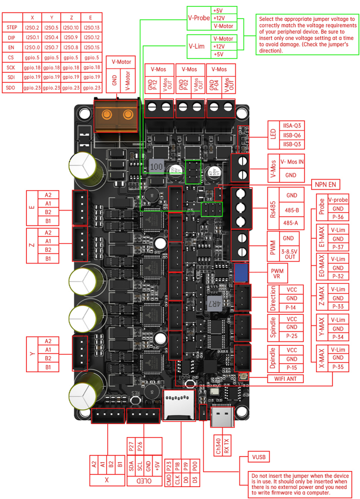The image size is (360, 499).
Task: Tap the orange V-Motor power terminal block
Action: [115, 114]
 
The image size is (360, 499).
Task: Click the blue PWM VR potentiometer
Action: [241, 272]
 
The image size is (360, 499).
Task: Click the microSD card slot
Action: [179, 405]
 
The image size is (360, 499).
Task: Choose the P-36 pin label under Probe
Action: [338, 218]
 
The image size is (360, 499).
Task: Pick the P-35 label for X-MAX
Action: [338, 367]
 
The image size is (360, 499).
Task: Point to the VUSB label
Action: [259, 457]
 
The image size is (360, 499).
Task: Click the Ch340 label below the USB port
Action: [218, 446]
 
